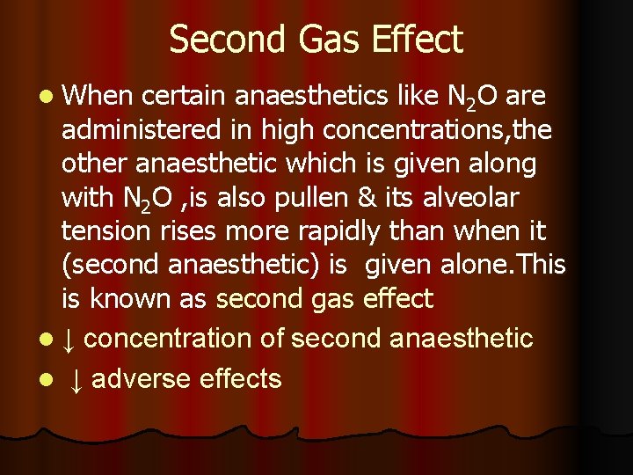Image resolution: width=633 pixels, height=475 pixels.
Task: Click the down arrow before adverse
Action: click(x=76, y=379)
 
